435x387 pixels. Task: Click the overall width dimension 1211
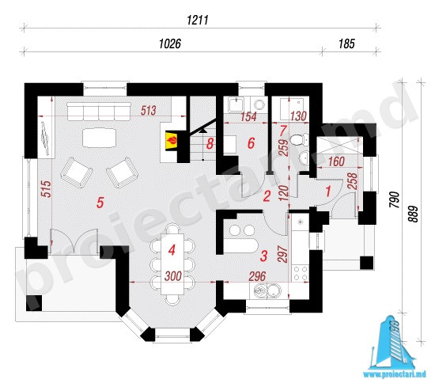pyautogui.click(x=198, y=21)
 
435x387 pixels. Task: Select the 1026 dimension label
pyautogui.click(x=170, y=44)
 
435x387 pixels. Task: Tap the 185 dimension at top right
pyautogui.click(x=346, y=44)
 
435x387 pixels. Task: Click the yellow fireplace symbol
pyautogui.click(x=172, y=142)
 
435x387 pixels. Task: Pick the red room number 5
pyautogui.click(x=100, y=203)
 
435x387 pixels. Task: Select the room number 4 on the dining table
pyautogui.click(x=172, y=250)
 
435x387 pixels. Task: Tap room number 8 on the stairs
pyautogui.click(x=210, y=144)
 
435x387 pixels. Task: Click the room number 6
pyautogui.click(x=251, y=143)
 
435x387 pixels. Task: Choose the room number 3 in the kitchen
pyautogui.click(x=263, y=256)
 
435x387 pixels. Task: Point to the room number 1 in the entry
pyautogui.click(x=328, y=192)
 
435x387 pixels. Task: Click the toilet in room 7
pyautogui.click(x=299, y=139)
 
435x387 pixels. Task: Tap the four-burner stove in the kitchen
pyautogui.click(x=301, y=272)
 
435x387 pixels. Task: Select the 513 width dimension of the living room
pyautogui.click(x=148, y=111)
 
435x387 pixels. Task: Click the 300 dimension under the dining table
pyautogui.click(x=173, y=276)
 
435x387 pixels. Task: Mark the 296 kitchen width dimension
pyautogui.click(x=257, y=276)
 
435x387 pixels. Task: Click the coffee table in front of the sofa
pyautogui.click(x=99, y=138)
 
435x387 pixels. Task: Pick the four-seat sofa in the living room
pyautogui.click(x=99, y=112)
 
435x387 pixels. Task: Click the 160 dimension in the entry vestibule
pyautogui.click(x=336, y=161)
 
